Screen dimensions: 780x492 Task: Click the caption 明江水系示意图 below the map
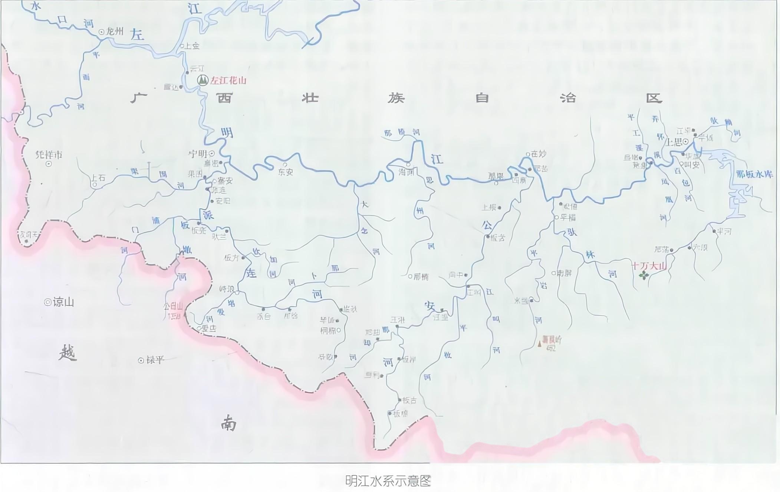[x=388, y=481]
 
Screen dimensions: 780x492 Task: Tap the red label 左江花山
[x=228, y=81]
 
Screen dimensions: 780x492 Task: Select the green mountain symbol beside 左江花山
[x=203, y=80]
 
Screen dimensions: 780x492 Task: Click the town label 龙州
[x=115, y=32]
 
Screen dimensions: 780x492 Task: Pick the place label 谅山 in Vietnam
[x=63, y=302]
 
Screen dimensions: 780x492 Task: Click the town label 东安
[x=286, y=172]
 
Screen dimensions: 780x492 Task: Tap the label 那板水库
[x=754, y=174]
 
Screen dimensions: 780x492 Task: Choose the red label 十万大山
[x=649, y=266]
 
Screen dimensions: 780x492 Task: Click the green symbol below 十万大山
[x=644, y=275]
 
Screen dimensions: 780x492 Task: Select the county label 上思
[x=674, y=142]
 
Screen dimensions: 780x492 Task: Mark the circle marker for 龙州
[x=101, y=32]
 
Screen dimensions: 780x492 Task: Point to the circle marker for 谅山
[x=47, y=302]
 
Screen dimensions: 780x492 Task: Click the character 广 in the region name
[x=139, y=98]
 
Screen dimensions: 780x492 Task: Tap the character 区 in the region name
[x=654, y=98]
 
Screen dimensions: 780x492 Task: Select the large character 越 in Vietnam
[x=68, y=353]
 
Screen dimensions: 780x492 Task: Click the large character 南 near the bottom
[x=228, y=423]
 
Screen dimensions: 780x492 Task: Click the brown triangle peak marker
[x=540, y=344]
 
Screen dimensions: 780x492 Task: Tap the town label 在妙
[x=539, y=154]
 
